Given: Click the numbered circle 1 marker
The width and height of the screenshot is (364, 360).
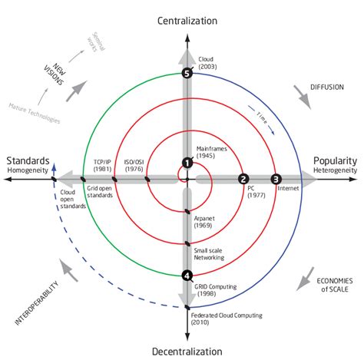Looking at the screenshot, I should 187,162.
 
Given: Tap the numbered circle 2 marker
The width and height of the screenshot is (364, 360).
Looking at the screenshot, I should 243,179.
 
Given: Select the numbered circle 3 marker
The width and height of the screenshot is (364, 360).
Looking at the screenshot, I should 277,179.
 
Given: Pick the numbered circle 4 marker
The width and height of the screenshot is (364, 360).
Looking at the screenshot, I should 187,275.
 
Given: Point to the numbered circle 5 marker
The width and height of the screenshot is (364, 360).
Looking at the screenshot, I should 187,73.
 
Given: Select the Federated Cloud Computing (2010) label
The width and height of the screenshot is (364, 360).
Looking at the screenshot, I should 227,319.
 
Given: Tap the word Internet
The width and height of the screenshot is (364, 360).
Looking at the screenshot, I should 289,187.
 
